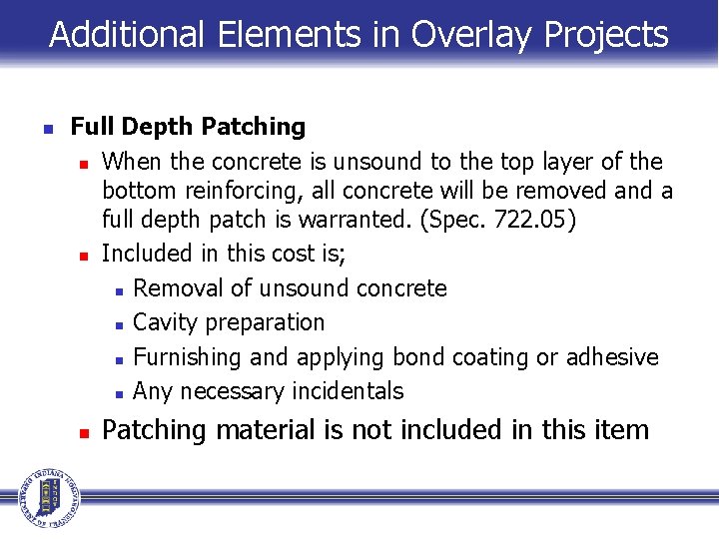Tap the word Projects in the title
pyautogui.click(x=606, y=35)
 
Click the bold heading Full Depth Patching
pyautogui.click(x=188, y=127)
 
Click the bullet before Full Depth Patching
pyautogui.click(x=46, y=129)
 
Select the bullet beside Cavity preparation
pyautogui.click(x=119, y=324)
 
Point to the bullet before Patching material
pyautogui.click(x=86, y=433)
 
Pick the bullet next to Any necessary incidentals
pyautogui.click(x=119, y=393)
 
